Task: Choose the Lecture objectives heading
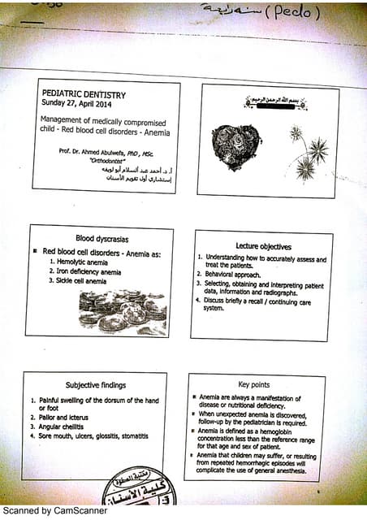(x=264, y=245)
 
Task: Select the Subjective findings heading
(x=96, y=384)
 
